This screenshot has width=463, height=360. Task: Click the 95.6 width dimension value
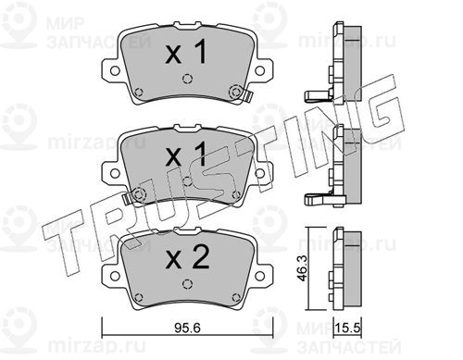pos(187,328)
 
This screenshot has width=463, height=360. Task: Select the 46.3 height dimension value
pos(303,268)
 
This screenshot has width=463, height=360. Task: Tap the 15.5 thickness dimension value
pos(349,328)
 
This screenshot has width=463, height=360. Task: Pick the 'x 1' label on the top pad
pos(186,53)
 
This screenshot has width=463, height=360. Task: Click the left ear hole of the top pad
pos(115,70)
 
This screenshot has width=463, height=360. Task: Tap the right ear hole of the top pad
pos(260,70)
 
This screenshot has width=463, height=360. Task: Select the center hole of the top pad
pos(187,79)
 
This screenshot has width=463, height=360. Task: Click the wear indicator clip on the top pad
pos(248,96)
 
